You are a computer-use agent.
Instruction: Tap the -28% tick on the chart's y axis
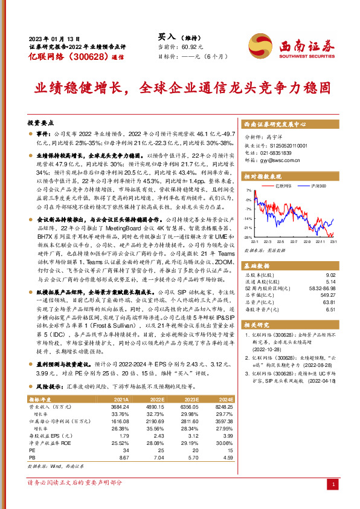point(246,236)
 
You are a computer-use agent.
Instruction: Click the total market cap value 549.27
point(327,294)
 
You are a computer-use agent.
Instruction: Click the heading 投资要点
point(42,122)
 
